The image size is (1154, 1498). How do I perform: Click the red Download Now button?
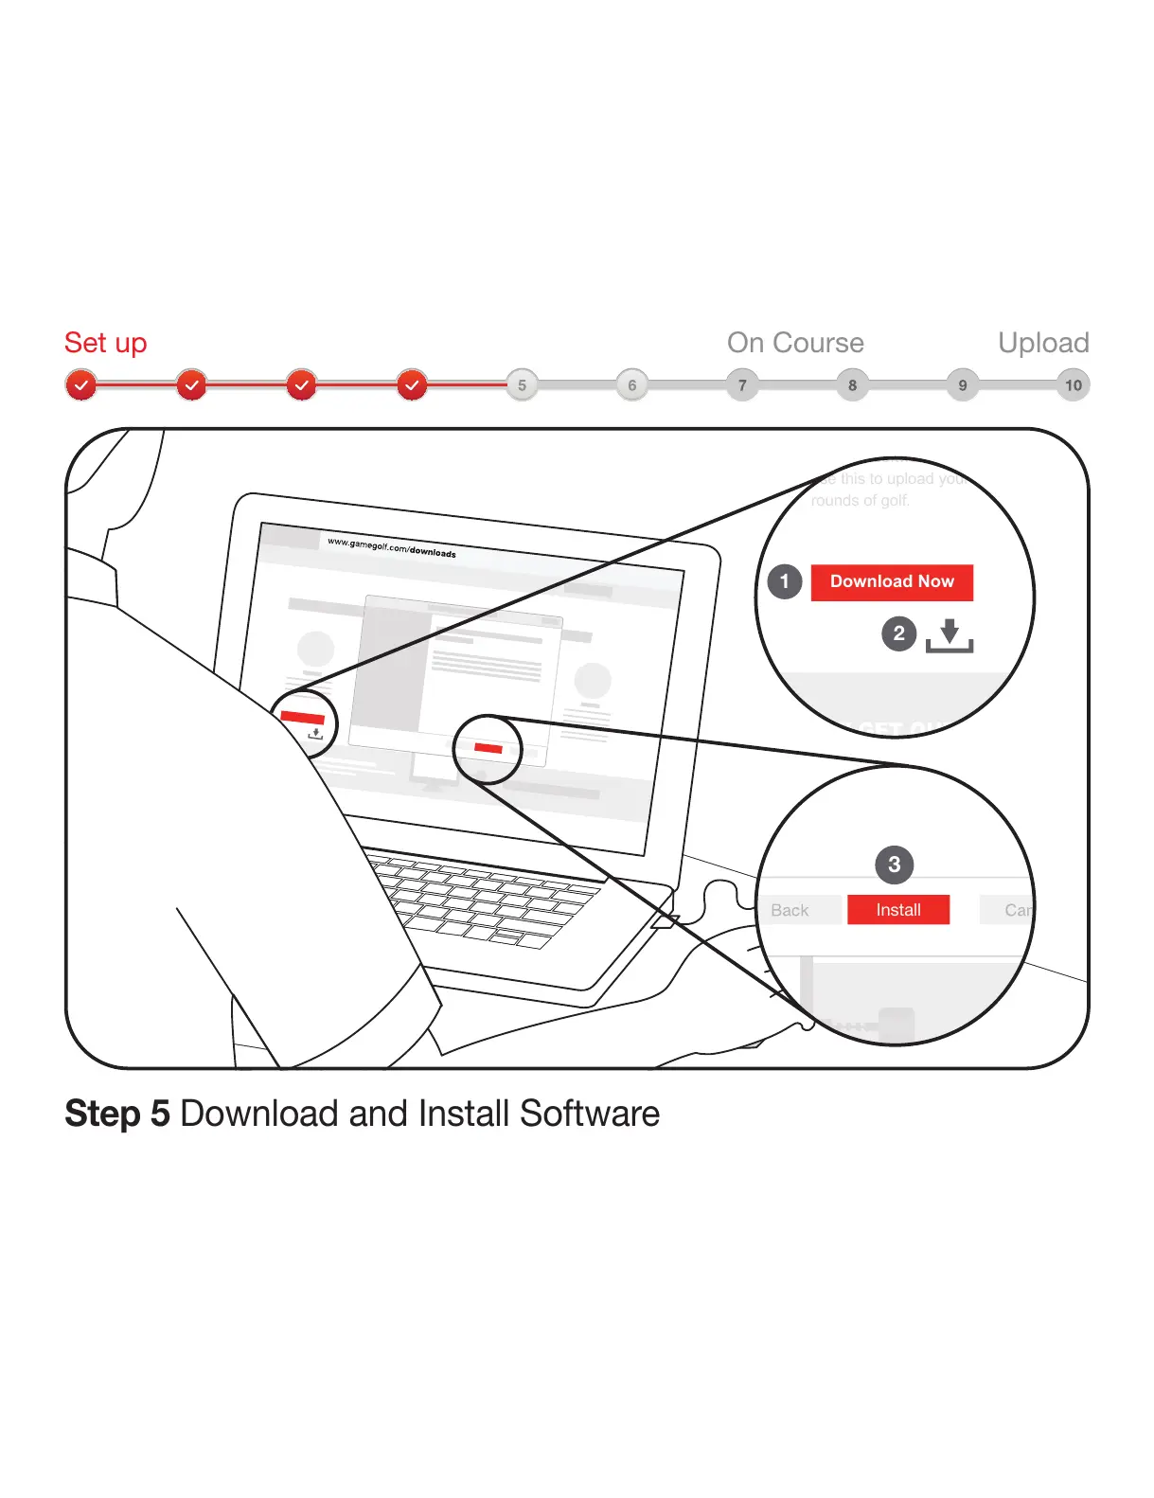coord(892,581)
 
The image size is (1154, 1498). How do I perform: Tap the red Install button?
coord(897,910)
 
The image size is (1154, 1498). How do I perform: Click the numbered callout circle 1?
coord(785,581)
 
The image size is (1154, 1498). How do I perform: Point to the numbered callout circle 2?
coord(899,633)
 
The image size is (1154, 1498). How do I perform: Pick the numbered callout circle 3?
coord(894,865)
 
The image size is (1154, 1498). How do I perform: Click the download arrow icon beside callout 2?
coord(950,635)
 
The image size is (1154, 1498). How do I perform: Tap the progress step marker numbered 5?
coord(522,385)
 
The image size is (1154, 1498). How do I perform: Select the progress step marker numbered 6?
coord(632,385)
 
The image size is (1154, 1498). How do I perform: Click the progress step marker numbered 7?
coord(742,385)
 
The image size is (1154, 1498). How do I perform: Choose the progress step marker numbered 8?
coord(853,385)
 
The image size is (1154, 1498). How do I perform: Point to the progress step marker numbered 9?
coord(963,385)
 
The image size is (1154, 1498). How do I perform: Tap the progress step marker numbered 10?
coord(1073,385)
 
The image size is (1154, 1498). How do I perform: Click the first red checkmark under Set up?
coord(81,385)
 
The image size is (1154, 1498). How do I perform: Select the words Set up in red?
coord(105,343)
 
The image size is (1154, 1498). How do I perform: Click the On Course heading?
coord(795,343)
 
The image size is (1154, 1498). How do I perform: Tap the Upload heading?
coord(1043,343)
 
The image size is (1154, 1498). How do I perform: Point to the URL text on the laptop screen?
coord(391,547)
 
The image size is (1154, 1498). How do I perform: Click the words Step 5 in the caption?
coord(117,1114)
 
